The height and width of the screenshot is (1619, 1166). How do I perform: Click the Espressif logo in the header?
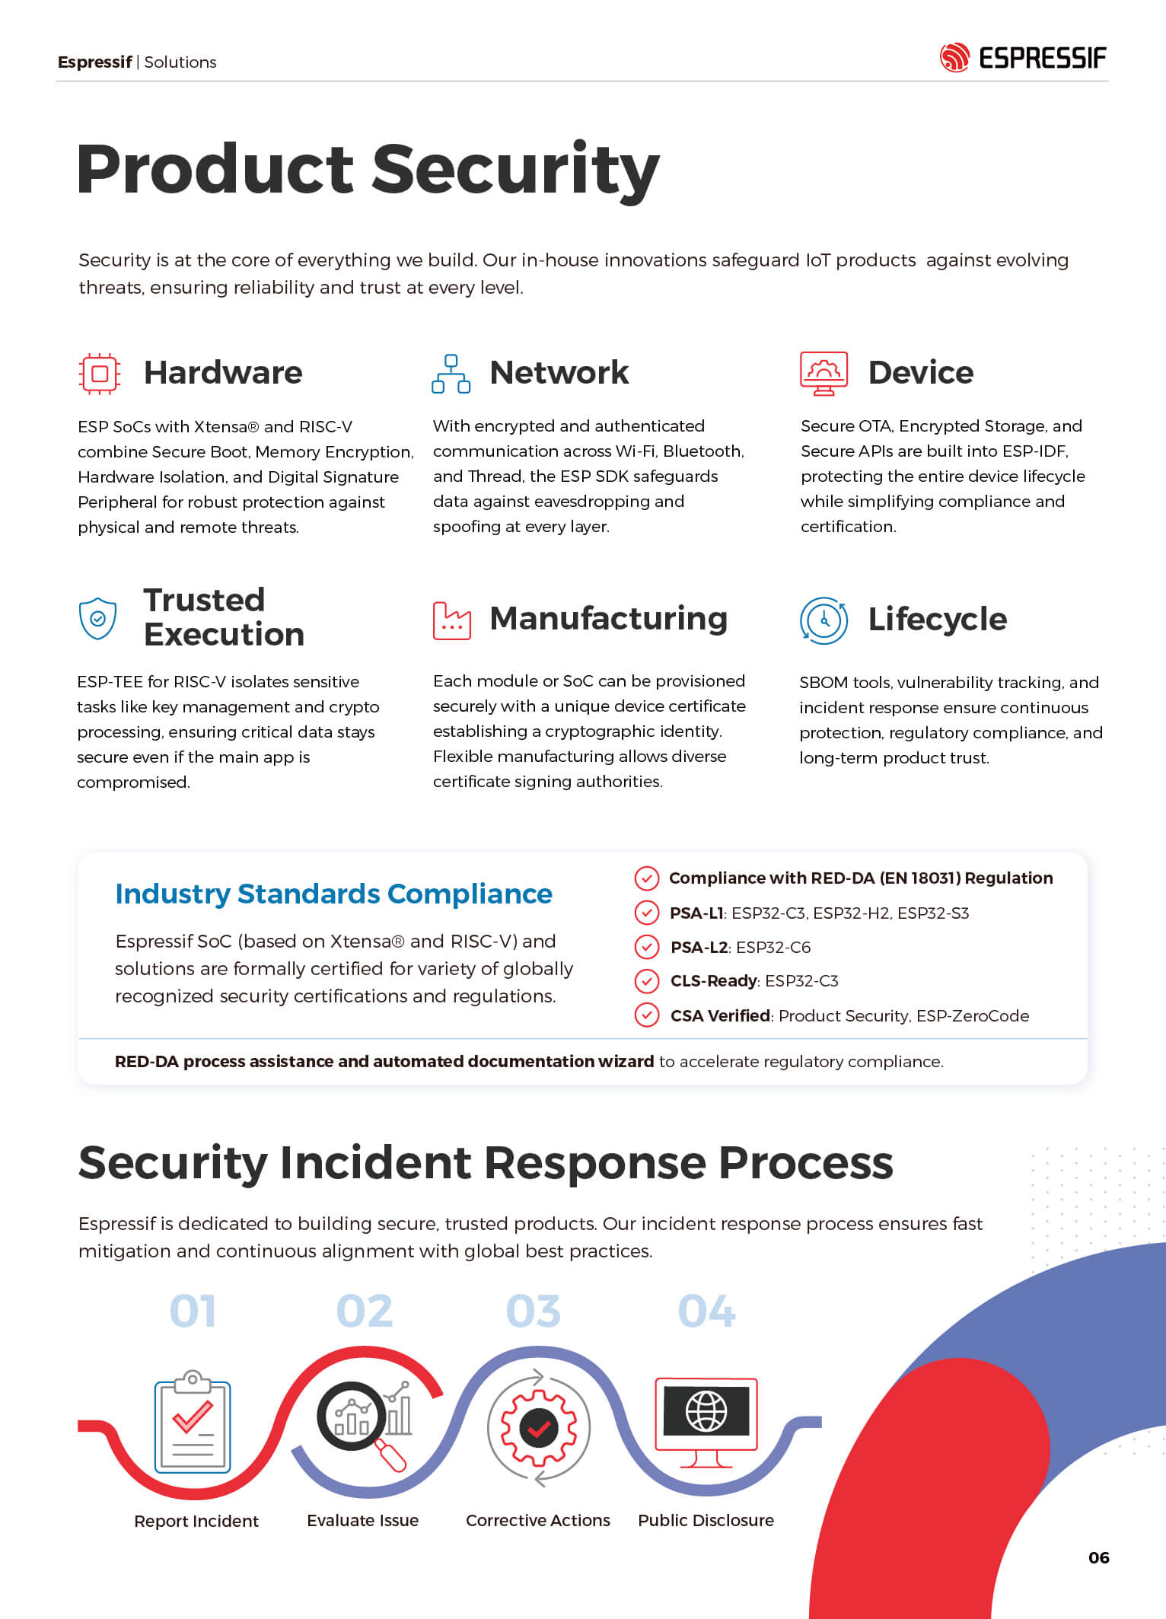[x=1022, y=58]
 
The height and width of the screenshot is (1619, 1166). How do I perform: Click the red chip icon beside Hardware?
[x=100, y=373]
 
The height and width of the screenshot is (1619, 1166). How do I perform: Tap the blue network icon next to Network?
[x=451, y=374]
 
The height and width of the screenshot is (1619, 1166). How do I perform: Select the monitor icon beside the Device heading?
[x=824, y=373]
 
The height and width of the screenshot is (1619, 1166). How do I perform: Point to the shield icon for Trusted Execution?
[x=98, y=618]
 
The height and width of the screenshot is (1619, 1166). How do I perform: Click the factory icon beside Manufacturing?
[x=451, y=620]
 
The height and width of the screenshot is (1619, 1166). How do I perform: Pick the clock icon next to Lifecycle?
[x=824, y=621]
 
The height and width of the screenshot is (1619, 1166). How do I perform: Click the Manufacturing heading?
[x=608, y=618]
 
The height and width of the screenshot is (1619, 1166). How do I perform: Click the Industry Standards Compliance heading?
[x=333, y=894]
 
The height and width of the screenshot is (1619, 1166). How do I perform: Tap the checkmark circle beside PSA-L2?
[x=646, y=947]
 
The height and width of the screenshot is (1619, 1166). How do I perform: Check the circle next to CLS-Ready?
[x=646, y=981]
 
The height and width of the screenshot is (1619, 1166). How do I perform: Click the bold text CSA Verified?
[x=720, y=1015]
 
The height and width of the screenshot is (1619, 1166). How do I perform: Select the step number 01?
[x=193, y=1311]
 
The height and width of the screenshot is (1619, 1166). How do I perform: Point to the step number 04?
[x=706, y=1311]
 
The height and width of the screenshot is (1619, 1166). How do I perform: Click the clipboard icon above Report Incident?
[x=193, y=1424]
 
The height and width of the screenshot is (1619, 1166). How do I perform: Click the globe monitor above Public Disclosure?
[x=706, y=1416]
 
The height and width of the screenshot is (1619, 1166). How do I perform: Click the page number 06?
[x=1098, y=1557]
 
